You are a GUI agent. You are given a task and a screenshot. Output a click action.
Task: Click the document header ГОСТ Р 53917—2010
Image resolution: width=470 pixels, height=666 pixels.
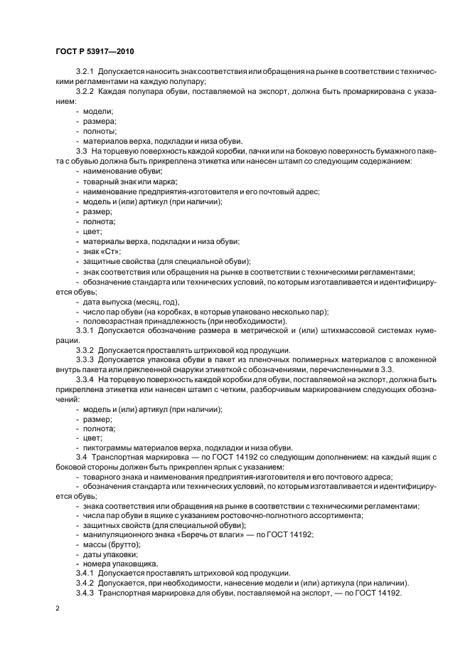click(94, 52)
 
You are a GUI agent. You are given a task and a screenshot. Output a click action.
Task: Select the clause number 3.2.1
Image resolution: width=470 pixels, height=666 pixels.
click(86, 73)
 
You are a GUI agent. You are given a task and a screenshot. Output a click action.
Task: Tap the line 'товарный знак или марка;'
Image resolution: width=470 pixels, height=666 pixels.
click(125, 181)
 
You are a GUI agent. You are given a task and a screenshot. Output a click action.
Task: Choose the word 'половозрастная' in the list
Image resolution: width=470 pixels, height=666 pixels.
click(114, 321)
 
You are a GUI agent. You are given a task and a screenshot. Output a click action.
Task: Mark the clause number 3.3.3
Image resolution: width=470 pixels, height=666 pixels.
click(86, 360)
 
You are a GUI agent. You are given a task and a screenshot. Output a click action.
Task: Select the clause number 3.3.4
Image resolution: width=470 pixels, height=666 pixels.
click(86, 379)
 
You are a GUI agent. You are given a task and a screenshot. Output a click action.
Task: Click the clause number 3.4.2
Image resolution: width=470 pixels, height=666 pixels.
click(86, 583)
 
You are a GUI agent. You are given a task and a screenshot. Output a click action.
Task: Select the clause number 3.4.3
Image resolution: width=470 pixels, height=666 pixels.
click(86, 593)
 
